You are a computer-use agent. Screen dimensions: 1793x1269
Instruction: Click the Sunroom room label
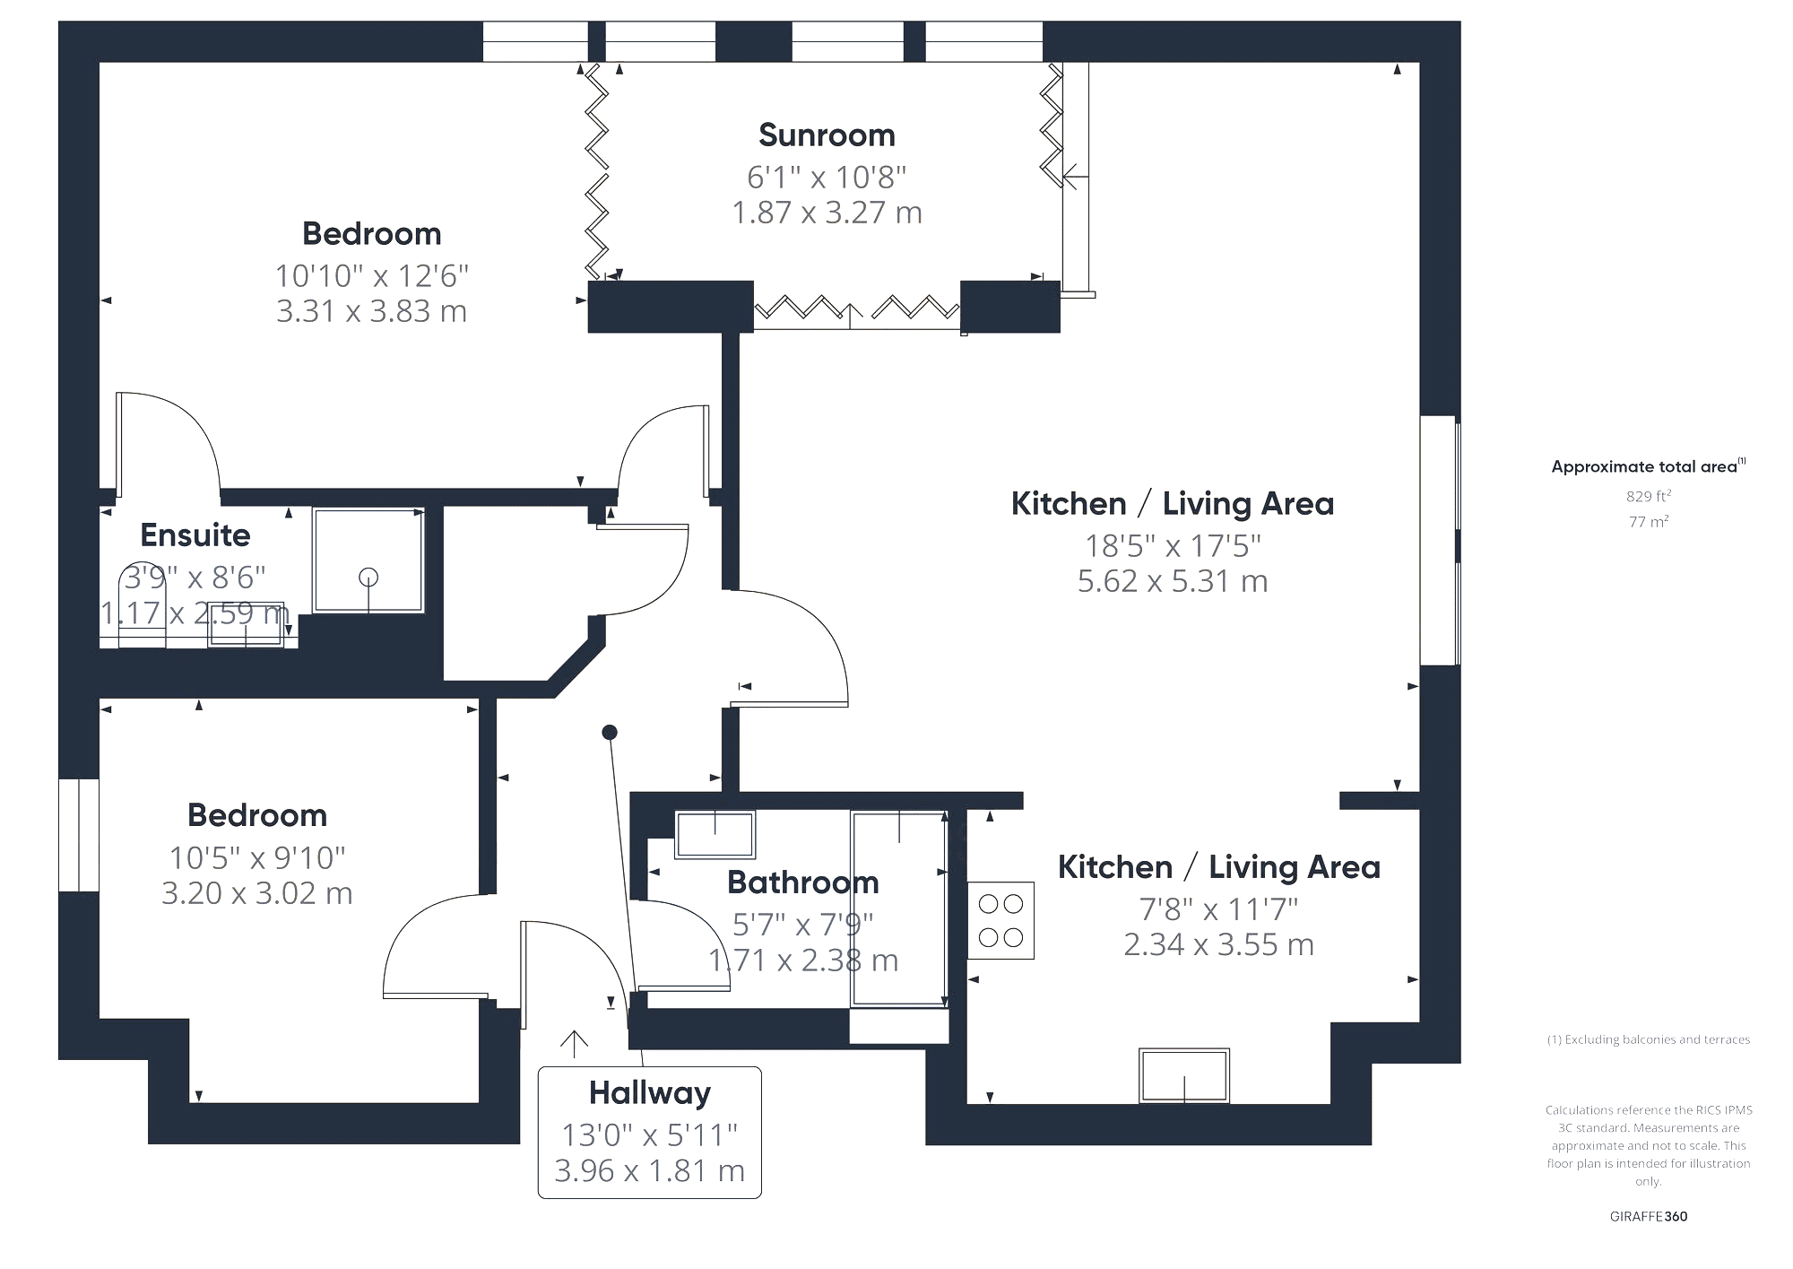827,135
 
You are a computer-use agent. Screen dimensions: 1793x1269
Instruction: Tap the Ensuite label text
195,535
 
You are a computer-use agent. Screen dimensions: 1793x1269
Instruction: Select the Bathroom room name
803,882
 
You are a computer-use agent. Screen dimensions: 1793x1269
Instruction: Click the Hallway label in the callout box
650,1093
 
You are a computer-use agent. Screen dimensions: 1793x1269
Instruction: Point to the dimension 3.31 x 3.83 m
372,311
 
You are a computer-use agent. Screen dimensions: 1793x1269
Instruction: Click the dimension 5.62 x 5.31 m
1173,581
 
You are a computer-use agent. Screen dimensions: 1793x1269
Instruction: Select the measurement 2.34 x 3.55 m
1219,944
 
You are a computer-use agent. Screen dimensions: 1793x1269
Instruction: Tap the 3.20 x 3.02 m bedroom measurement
257,893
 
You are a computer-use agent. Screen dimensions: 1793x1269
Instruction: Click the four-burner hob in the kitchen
1000,921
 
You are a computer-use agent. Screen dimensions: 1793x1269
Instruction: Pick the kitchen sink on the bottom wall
1184,1075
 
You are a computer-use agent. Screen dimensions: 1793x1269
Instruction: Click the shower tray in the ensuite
368,561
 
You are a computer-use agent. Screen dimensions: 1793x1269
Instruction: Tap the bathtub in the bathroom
899,908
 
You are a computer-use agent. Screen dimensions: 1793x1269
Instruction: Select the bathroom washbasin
715,833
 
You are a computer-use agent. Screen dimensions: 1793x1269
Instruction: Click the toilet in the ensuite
142,608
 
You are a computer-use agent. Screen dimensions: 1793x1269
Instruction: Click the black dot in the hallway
610,733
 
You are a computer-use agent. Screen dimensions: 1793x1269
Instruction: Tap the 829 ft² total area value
1649,496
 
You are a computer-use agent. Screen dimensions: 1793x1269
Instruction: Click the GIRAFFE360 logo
1649,1217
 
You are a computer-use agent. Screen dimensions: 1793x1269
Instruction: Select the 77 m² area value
1649,521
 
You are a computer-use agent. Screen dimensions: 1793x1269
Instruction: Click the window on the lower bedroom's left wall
79,835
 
